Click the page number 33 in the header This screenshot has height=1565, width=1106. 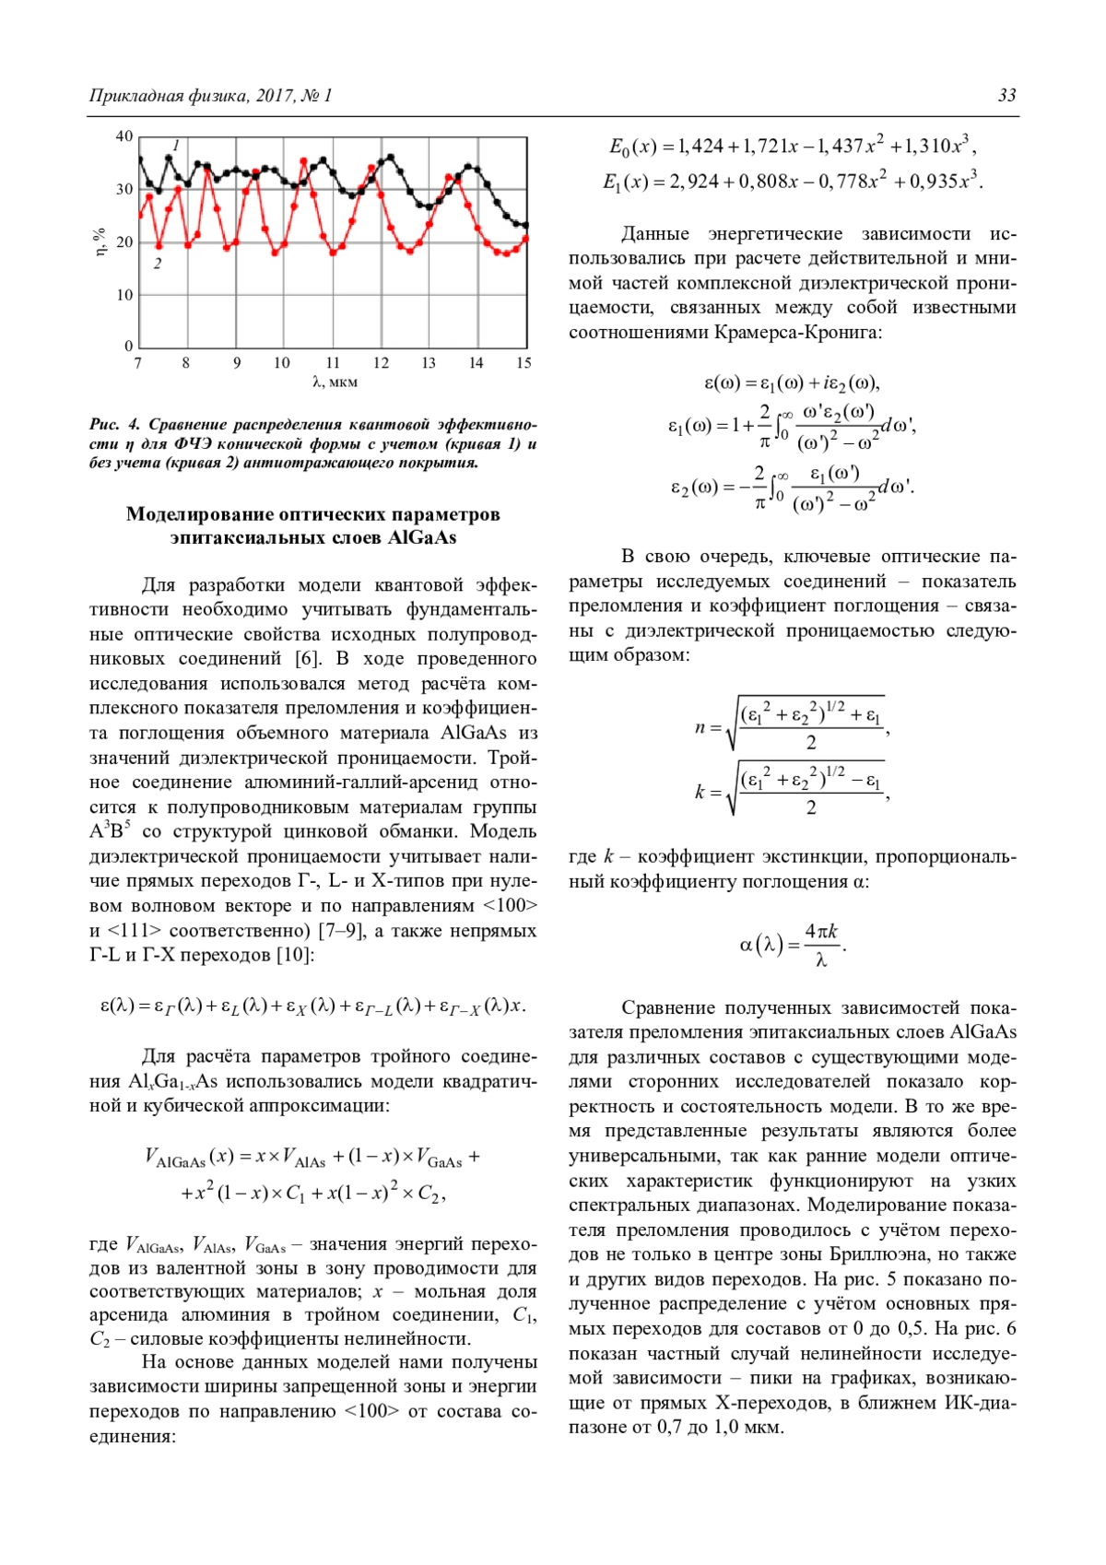(x=1006, y=96)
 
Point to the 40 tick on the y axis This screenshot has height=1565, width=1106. (x=124, y=136)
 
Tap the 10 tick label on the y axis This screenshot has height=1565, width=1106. (x=124, y=295)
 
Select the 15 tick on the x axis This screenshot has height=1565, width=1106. (x=524, y=363)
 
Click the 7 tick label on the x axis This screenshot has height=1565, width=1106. (x=138, y=363)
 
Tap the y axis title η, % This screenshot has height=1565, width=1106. (x=100, y=241)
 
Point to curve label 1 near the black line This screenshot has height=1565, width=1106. (x=176, y=146)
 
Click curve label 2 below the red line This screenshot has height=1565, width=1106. (x=158, y=264)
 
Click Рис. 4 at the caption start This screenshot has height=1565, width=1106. (x=114, y=425)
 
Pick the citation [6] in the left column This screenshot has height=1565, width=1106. (x=308, y=659)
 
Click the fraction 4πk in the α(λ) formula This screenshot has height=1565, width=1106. (x=820, y=932)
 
